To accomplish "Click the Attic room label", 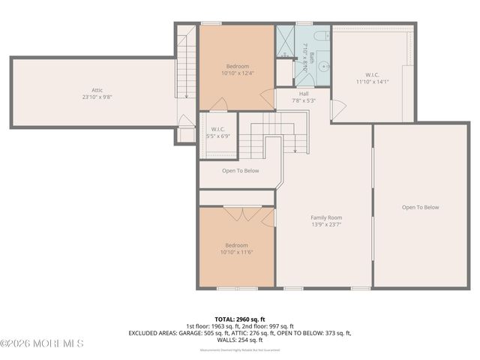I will click(x=87, y=90).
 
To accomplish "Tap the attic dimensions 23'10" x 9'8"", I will click(x=87, y=97).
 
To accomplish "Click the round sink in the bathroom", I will click(x=323, y=67).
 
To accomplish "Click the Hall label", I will click(x=283, y=94).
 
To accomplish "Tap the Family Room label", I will click(x=325, y=217).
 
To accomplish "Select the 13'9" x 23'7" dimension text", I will click(x=325, y=223).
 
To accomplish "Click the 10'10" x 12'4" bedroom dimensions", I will click(x=237, y=73).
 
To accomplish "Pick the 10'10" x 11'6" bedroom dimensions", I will click(x=237, y=253).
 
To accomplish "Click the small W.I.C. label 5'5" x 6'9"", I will click(x=218, y=136).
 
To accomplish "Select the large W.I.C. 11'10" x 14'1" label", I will click(x=372, y=81).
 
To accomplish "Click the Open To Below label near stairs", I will click(x=240, y=170).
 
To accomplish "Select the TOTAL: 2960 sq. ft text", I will click(x=239, y=318).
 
